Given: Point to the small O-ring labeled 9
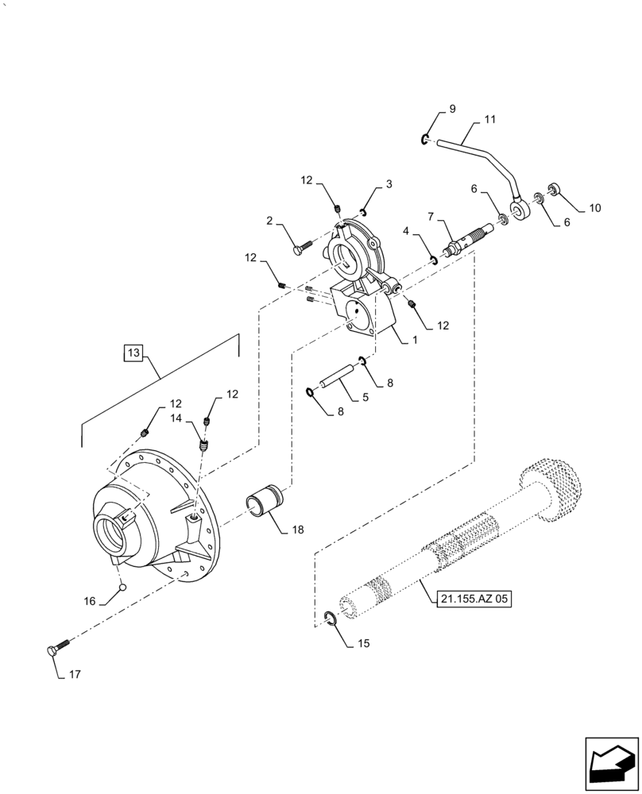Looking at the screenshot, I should click(x=426, y=141).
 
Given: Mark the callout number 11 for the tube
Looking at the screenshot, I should click(x=489, y=121).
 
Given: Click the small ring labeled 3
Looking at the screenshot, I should click(x=362, y=211).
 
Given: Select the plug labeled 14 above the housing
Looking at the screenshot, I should click(x=204, y=447).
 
